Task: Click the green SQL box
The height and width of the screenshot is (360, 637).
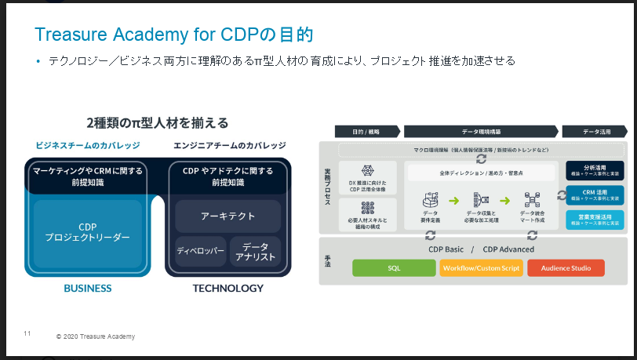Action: coord(394,267)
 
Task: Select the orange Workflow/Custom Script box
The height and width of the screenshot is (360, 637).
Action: coord(482,267)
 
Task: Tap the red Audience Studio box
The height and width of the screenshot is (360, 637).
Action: coord(566,267)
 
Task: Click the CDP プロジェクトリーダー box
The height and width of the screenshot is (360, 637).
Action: coord(87,231)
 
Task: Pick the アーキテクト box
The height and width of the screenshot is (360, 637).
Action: coord(228,216)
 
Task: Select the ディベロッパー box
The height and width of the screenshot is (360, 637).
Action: coord(200,252)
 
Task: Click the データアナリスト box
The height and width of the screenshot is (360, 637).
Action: coord(255,252)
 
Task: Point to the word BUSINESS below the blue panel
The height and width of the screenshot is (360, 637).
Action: coord(87,289)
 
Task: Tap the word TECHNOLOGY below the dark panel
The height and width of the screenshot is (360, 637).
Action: coord(228,289)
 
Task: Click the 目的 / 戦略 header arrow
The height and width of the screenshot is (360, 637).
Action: coord(366,132)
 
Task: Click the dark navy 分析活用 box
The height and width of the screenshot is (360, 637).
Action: coord(595,170)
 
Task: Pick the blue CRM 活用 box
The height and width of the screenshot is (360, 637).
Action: coord(595,195)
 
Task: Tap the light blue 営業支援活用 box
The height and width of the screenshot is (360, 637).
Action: coord(595,220)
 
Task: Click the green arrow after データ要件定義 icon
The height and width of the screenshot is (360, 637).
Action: coord(453,201)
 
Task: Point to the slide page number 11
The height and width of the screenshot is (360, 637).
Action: coord(27,334)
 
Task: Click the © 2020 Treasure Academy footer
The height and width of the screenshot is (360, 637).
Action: coord(96,336)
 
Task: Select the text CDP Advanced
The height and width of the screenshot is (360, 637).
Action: coord(508,249)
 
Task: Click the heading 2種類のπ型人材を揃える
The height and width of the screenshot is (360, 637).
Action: coord(158,122)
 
